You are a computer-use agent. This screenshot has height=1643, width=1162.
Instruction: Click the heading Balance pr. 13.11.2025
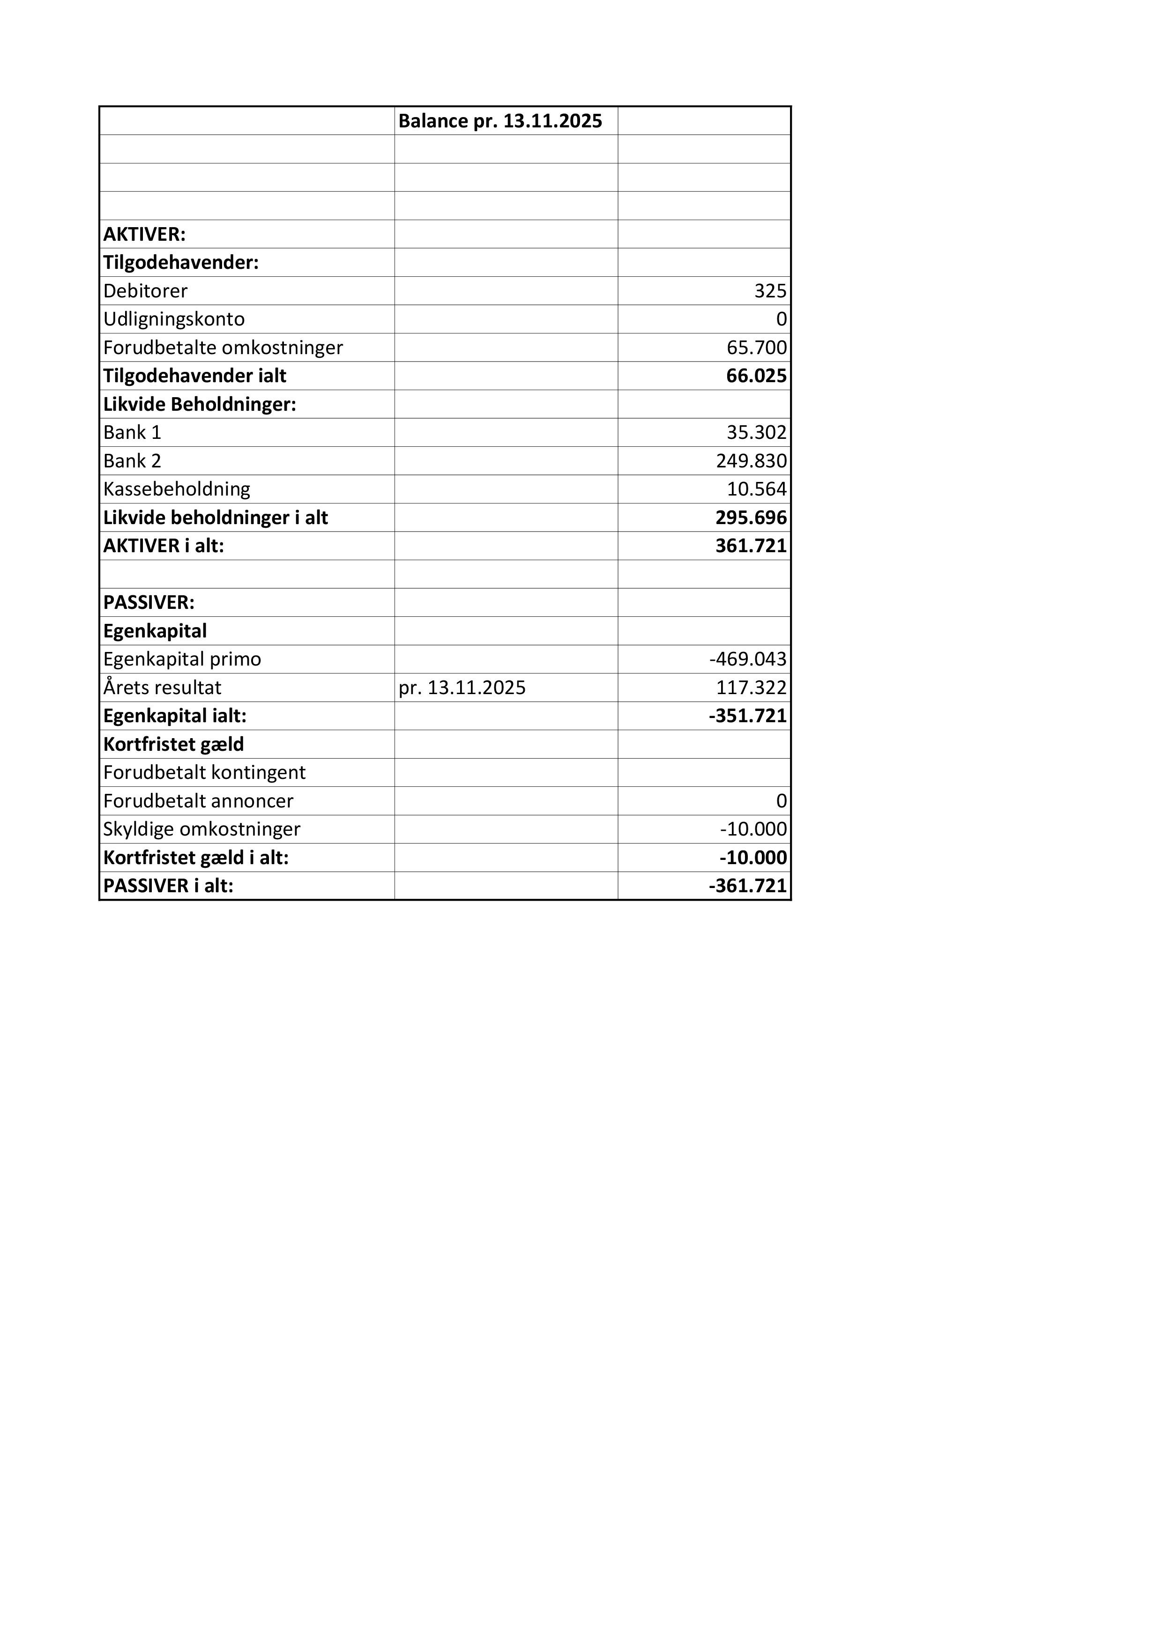pyautogui.click(x=500, y=121)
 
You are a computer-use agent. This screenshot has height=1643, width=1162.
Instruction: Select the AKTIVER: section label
pyautogui.click(x=145, y=234)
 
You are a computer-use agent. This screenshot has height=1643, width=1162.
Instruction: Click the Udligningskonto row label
pyautogui.click(x=174, y=319)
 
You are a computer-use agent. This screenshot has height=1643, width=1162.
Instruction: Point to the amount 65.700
pyautogui.click(x=756, y=348)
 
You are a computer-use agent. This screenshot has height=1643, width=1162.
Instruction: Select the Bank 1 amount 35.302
pyautogui.click(x=756, y=432)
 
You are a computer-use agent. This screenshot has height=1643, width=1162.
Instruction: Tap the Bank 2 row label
pyautogui.click(x=133, y=461)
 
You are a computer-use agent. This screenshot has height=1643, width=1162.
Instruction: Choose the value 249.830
pyautogui.click(x=751, y=461)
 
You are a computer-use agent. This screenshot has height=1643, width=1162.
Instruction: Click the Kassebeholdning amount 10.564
pyautogui.click(x=756, y=489)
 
